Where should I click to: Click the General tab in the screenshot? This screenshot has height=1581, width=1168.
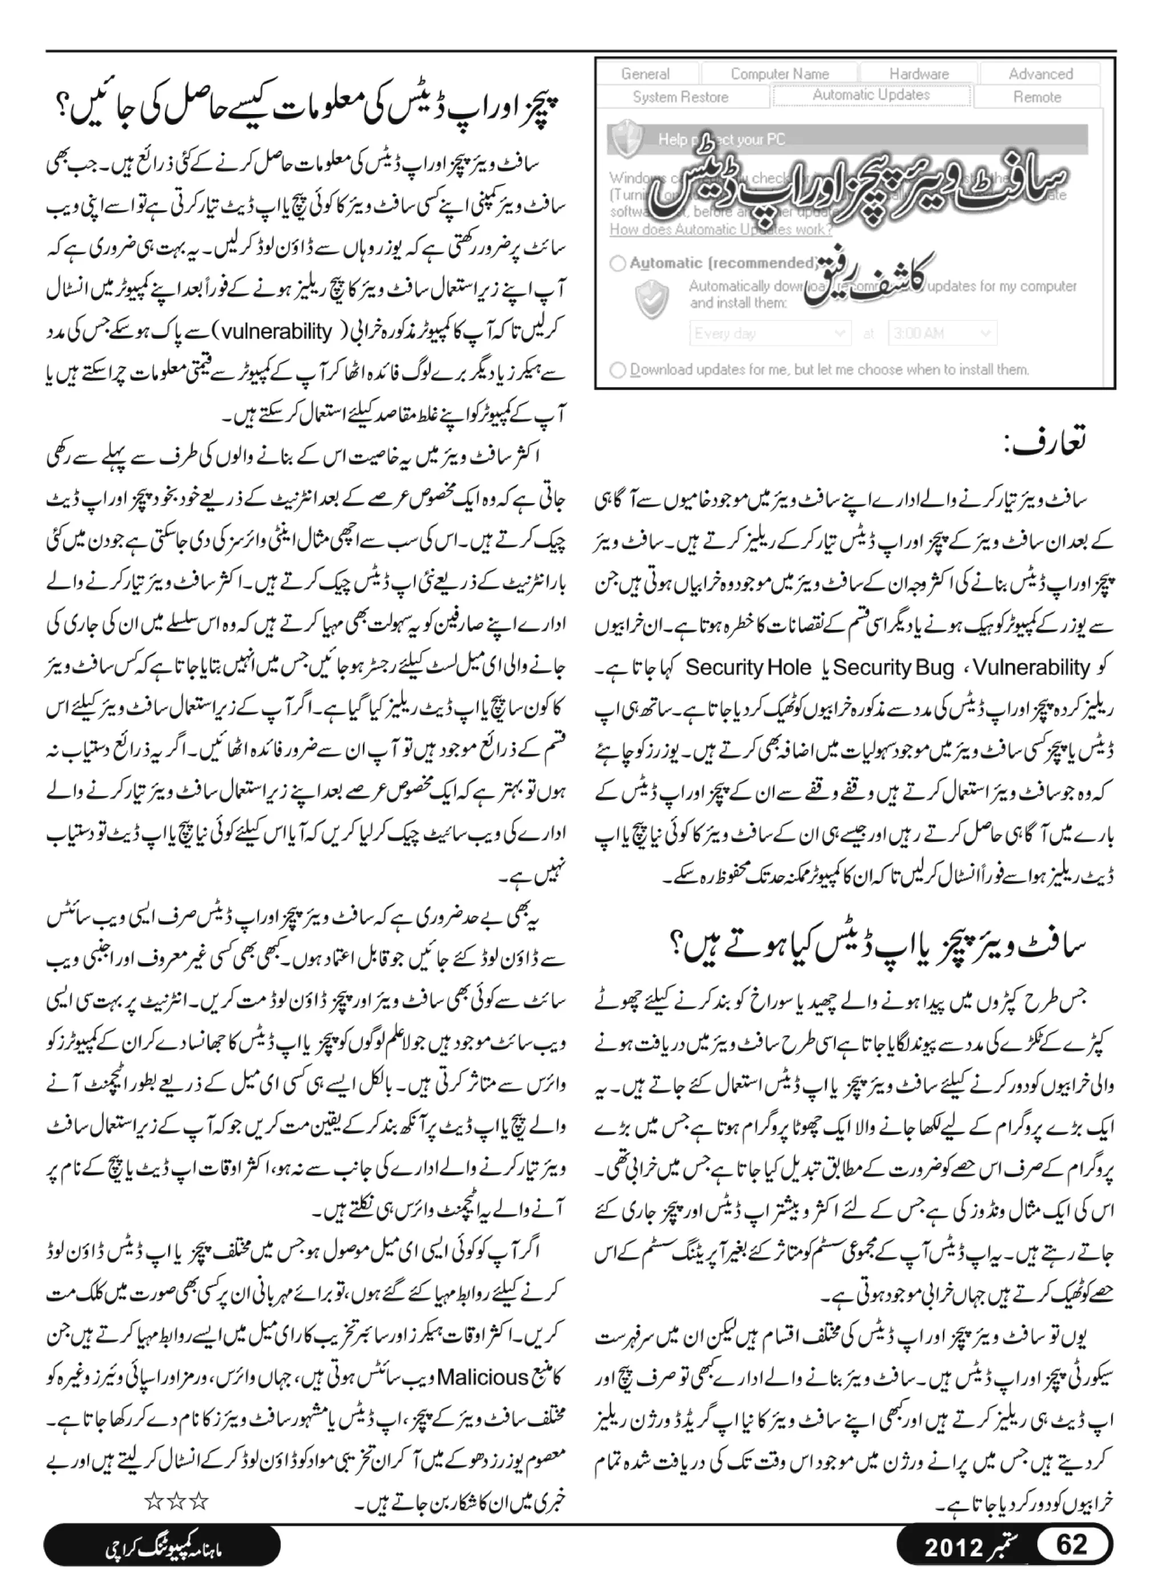[x=646, y=74]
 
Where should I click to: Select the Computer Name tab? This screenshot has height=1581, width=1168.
[x=779, y=74]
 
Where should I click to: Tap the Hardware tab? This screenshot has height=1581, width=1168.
[x=918, y=74]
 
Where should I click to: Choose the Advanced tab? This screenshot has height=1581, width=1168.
[x=1040, y=74]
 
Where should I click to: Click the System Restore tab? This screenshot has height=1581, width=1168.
[x=680, y=97]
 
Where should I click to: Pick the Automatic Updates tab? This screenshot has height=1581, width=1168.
[x=871, y=95]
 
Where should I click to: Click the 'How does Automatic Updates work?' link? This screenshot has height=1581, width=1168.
[x=720, y=229]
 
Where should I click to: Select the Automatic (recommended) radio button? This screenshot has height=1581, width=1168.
[x=618, y=263]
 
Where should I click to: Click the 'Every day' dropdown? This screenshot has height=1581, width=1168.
[x=769, y=333]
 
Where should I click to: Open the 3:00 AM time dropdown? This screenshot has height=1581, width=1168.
[x=942, y=333]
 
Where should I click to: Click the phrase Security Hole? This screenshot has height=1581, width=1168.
[x=749, y=667]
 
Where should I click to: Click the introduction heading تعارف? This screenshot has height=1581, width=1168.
[x=1046, y=443]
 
